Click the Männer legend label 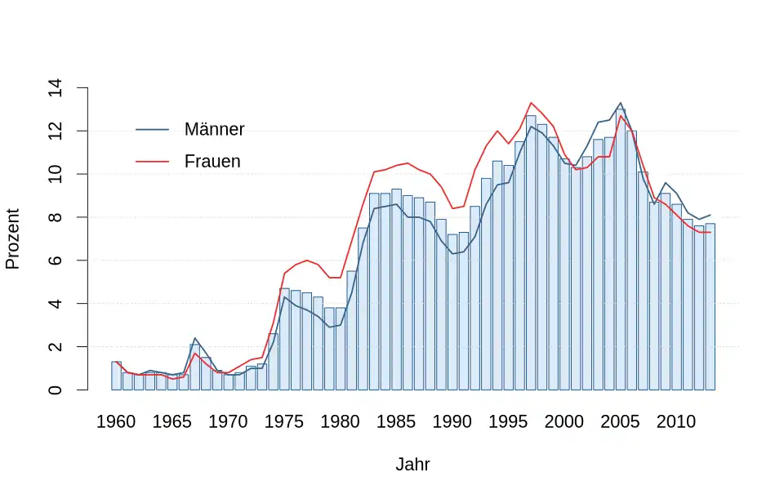click(214, 130)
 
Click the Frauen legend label click(212, 162)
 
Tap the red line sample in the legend click(152, 162)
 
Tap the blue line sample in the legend click(152, 130)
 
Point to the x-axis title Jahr click(412, 466)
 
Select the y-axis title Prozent click(13, 238)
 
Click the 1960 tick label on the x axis click(116, 422)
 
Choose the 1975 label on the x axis click(284, 422)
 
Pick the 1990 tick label click(452, 422)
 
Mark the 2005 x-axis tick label click(621, 422)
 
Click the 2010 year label click(676, 422)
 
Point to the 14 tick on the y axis click(56, 87)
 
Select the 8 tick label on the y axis click(56, 217)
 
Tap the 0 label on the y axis click(56, 390)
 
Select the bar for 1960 click(116, 376)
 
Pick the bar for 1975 click(284, 339)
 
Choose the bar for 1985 click(396, 289)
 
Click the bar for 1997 click(531, 252)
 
